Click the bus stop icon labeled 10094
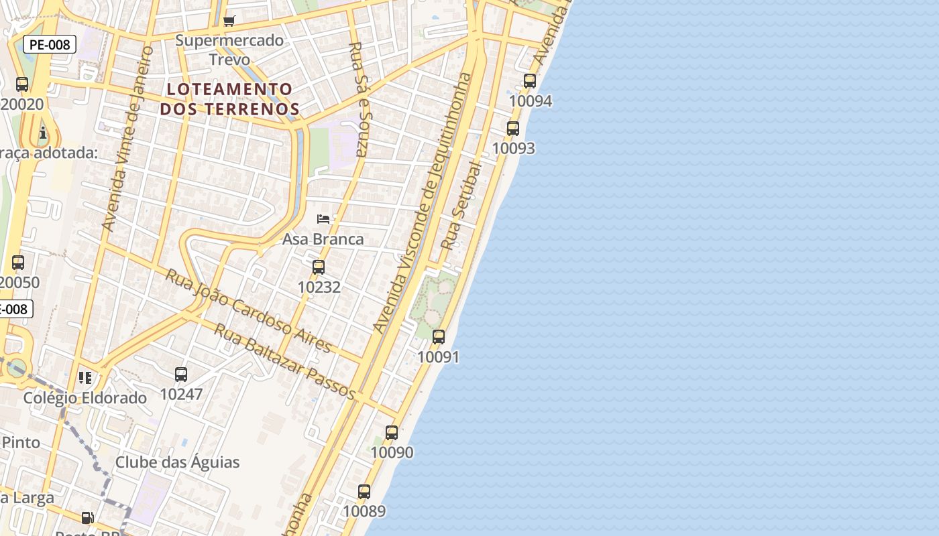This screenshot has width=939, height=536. click(530, 81)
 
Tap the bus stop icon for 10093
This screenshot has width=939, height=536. click(513, 129)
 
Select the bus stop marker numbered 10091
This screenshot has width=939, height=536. click(439, 337)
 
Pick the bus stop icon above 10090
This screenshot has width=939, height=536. click(392, 433)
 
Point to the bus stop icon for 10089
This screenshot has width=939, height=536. click(364, 492)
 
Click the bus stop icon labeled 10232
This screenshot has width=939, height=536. click(319, 267)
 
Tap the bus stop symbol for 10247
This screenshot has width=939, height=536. click(181, 375)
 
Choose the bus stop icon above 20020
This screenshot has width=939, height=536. click(22, 84)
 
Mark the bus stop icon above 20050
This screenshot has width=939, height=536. click(18, 263)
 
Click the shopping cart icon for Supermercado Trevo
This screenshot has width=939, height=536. click(229, 21)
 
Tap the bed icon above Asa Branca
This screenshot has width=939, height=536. click(323, 219)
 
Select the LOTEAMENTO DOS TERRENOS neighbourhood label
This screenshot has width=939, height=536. click(229, 98)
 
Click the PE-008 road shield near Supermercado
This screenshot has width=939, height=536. click(50, 45)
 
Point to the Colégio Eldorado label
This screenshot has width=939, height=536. click(85, 398)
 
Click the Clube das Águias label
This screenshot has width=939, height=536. click(177, 462)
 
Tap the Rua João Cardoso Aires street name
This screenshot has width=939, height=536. click(248, 311)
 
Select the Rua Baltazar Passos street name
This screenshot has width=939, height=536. click(284, 361)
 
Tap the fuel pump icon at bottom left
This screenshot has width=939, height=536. click(87, 518)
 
